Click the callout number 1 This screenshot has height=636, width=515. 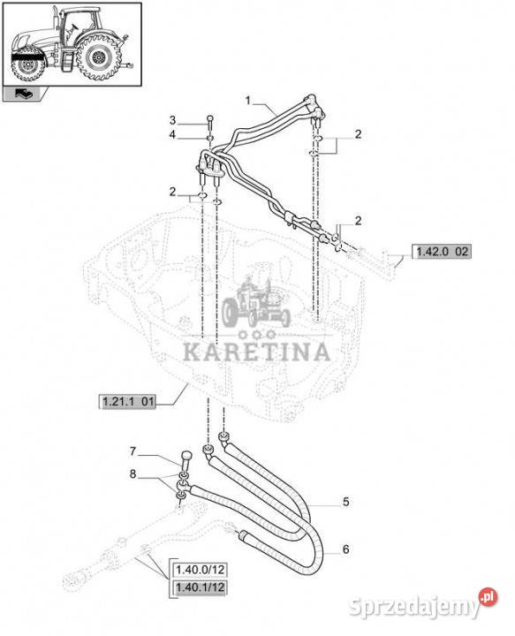pyautogui.click(x=248, y=100)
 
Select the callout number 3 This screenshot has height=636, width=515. pyautogui.click(x=173, y=120)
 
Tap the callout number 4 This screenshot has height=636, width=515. pyautogui.click(x=173, y=134)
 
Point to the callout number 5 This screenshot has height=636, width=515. pyautogui.click(x=345, y=502)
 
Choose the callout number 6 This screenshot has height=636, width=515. pyautogui.click(x=345, y=549)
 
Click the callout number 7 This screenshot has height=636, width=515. pyautogui.click(x=133, y=451)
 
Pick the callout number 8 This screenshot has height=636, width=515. pyautogui.click(x=133, y=473)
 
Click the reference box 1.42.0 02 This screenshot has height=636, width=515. pyautogui.click(x=442, y=252)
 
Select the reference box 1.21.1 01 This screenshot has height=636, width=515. pyautogui.click(x=128, y=402)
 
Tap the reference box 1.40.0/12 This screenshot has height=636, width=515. pyautogui.click(x=201, y=570)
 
